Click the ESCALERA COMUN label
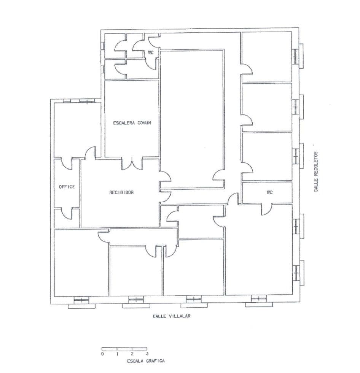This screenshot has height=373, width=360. click(132, 123)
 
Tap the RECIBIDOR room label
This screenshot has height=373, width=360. click(121, 192)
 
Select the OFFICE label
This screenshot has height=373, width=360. click(67, 187)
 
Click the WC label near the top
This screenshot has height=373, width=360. click(151, 52)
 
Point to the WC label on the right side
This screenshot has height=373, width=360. click(269, 192)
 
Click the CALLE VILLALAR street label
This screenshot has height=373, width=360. click(171, 316)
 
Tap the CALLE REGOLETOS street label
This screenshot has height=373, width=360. click(316, 171)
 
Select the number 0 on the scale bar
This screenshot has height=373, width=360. click(102, 354)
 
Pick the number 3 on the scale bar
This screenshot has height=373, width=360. click(147, 354)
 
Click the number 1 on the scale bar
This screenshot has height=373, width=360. click(117, 354)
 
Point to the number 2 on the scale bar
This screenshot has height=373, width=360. click(132, 354)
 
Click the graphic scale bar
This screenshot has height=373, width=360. click(124, 349)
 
